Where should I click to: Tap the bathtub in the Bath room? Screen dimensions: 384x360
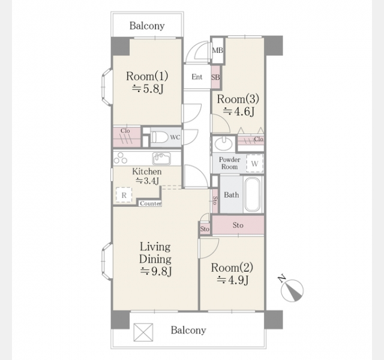[253, 194]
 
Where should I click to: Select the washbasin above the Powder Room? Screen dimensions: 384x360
[223, 143]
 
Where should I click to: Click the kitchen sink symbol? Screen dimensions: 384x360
[161, 158]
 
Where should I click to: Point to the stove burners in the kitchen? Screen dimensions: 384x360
[120, 158]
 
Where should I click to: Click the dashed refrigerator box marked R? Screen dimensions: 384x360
[124, 195]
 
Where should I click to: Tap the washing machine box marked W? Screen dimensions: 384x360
[254, 163]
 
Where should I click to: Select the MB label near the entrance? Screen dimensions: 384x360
[217, 50]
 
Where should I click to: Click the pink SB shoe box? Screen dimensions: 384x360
[215, 77]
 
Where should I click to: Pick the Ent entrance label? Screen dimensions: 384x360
[197, 77]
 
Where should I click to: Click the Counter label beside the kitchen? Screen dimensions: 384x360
[151, 203]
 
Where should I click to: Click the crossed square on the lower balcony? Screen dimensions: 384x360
[143, 332]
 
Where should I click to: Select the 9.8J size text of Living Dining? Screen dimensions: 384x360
[156, 271]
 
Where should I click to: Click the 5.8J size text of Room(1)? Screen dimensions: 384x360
[148, 89]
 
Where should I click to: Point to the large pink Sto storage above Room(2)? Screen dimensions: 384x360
[238, 225]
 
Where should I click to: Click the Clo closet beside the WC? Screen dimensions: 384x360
[127, 137]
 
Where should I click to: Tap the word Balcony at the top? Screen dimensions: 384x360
[147, 26]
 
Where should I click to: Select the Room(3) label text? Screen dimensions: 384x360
[238, 99]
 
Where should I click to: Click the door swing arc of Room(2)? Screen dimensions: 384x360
[214, 252]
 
